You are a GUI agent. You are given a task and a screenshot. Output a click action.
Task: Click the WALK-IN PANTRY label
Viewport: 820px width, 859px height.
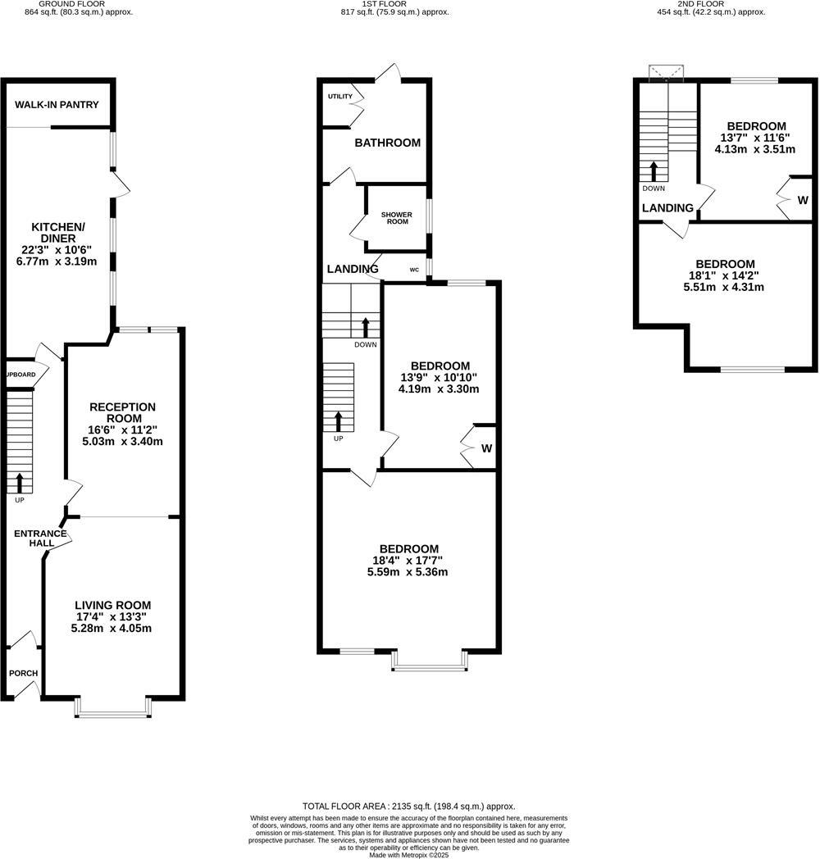pos(57,105)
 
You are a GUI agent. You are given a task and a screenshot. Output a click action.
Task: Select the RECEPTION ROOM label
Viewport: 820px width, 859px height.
pos(122,412)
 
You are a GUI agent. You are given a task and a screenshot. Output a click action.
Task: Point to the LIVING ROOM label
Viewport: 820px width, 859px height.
pos(112,605)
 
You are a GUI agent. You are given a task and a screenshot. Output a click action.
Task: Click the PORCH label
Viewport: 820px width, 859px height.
pos(24,674)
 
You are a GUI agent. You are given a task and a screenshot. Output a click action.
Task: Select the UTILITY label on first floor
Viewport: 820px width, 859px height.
pos(339,97)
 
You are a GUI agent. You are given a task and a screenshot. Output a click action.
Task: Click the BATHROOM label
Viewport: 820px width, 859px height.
pos(387,143)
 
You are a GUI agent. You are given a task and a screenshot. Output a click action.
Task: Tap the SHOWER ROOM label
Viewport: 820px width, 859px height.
pos(395,218)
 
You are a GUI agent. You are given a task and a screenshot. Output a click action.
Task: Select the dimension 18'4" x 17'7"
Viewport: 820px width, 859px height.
pos(408,561)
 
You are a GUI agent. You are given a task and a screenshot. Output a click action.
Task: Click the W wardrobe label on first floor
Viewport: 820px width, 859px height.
pos(486,448)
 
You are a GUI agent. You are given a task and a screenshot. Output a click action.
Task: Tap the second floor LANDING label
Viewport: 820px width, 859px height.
pos(667,208)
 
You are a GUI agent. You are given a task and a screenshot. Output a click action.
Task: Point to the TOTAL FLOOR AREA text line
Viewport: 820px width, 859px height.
pos(409,807)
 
